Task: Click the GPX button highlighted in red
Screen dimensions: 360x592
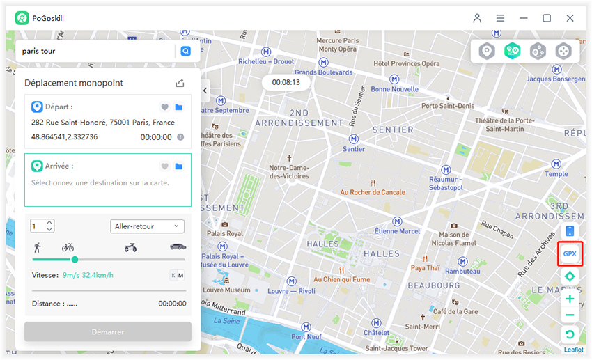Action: point(570,253)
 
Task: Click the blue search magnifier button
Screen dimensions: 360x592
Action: point(185,51)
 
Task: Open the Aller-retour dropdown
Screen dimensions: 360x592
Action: point(147,226)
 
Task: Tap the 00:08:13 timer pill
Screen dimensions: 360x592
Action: point(286,82)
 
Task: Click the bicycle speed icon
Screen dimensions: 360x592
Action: point(68,247)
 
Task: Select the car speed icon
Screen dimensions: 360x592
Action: point(178,247)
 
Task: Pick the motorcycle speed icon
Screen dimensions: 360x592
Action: point(130,247)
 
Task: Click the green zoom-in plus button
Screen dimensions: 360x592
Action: point(570,299)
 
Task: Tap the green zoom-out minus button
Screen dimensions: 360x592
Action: point(570,315)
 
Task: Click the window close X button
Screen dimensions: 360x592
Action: point(570,18)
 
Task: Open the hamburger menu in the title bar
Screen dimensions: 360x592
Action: point(500,18)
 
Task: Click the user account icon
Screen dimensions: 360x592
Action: point(477,18)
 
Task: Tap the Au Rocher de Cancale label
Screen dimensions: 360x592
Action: point(373,192)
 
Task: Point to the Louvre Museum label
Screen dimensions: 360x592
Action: point(228,290)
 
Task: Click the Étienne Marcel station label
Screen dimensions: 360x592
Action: point(397,230)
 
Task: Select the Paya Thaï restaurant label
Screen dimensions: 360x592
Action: point(425,267)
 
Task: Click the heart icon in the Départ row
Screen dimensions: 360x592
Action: point(165,107)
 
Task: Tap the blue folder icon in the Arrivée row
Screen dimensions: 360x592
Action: point(179,166)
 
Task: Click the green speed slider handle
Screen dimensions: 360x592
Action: point(75,260)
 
